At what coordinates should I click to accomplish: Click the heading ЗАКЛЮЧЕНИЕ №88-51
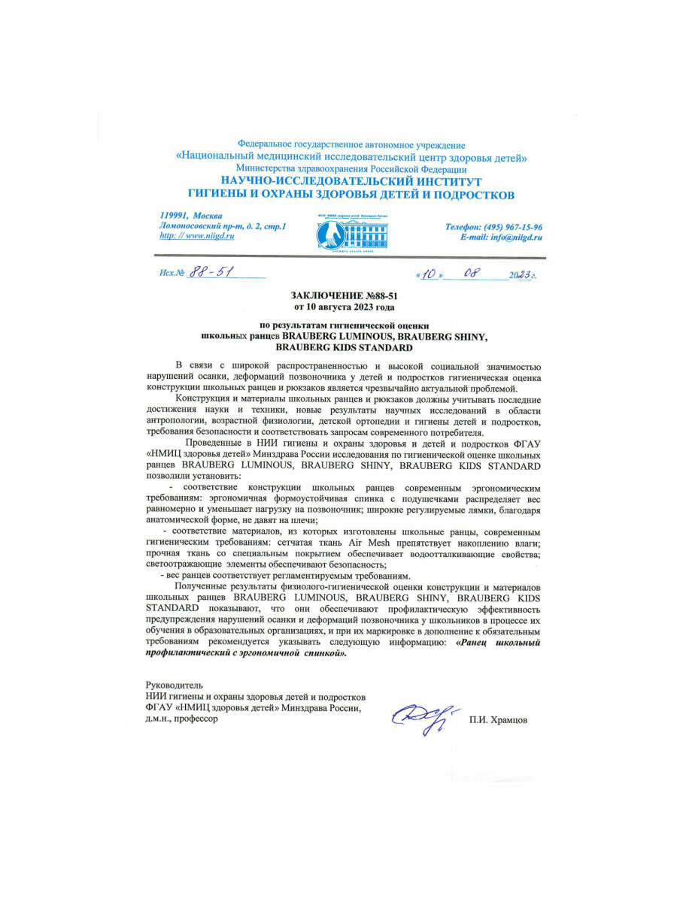coord(344,297)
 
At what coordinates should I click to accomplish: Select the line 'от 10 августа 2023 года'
coord(344,307)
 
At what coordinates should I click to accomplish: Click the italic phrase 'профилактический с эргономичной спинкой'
coord(246,654)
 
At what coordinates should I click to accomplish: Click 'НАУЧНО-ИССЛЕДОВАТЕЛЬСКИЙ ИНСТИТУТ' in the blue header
coord(351,182)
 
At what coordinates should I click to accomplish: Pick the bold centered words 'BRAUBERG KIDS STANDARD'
coord(344,348)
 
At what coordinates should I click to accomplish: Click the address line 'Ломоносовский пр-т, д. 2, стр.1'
coord(223,225)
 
